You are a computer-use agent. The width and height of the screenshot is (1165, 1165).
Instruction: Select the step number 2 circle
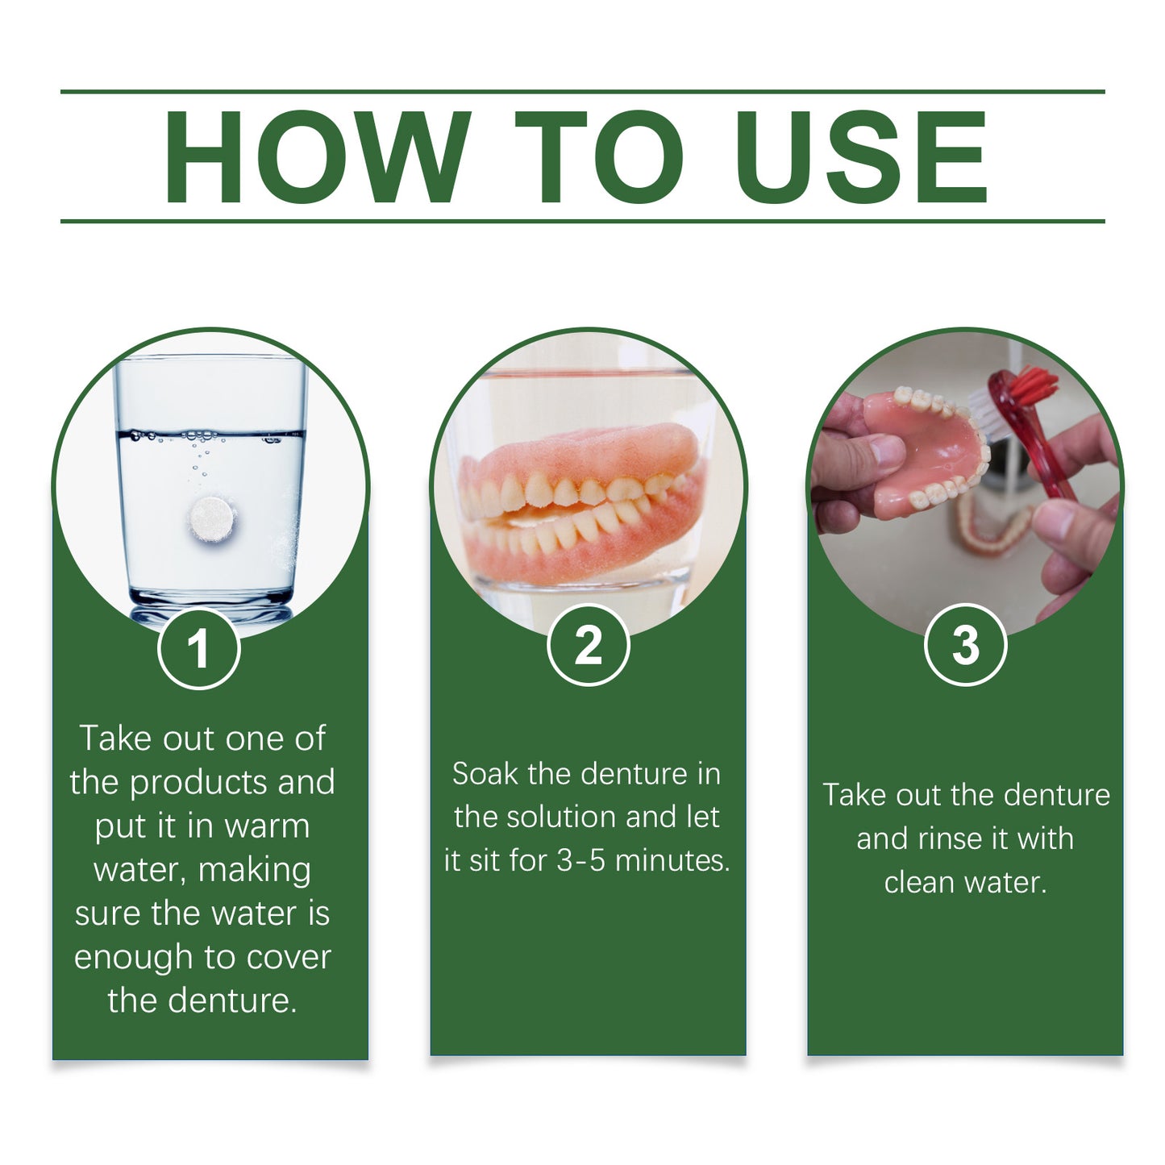589,645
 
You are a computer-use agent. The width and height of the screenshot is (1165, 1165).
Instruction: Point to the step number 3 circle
965,645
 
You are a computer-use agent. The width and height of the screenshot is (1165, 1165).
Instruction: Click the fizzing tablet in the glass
211,518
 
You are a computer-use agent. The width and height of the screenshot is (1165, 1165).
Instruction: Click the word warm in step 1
267,826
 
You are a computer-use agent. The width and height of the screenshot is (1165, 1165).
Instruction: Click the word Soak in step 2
485,774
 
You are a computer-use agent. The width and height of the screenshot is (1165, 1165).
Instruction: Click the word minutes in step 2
672,861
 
